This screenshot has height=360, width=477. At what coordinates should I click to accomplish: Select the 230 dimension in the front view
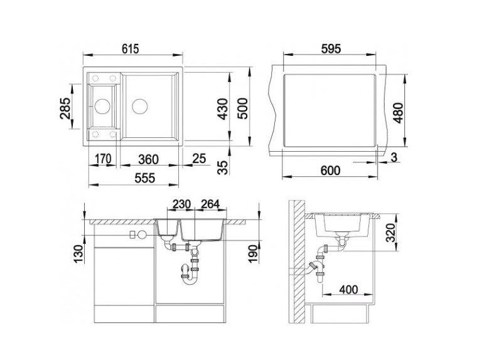(x=181, y=204)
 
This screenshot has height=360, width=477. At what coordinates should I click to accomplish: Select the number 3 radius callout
(x=394, y=158)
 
